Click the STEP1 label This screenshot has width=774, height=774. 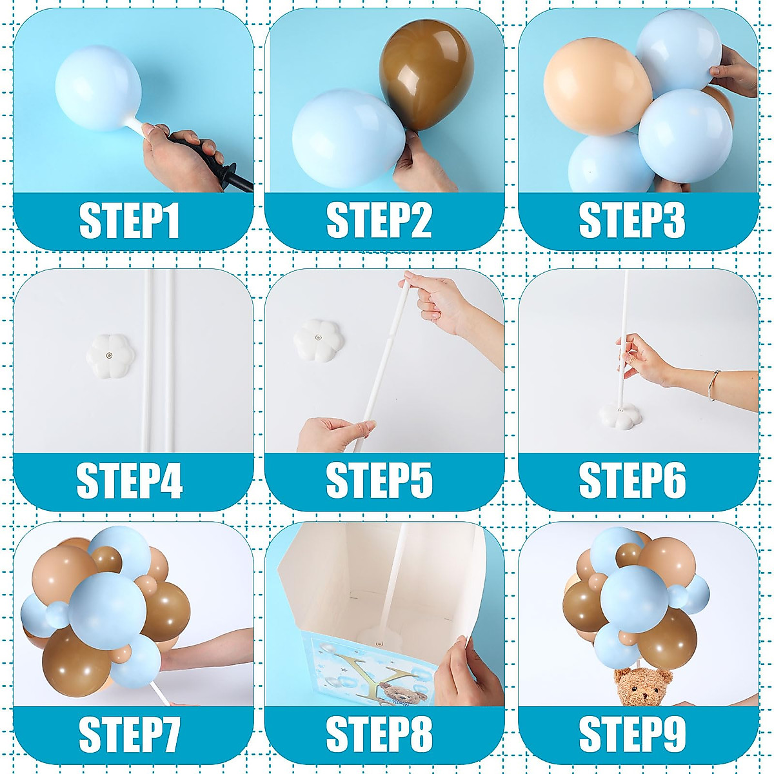(129, 221)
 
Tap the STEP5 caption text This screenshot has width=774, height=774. (379, 481)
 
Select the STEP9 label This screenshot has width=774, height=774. (632, 734)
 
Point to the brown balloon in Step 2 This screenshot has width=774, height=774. (426, 74)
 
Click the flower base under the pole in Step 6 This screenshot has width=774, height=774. (620, 415)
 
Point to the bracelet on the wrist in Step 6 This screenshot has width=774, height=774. (713, 385)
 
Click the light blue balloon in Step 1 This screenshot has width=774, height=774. (98, 88)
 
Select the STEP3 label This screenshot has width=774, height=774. (632, 221)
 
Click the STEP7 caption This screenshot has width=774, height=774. (129, 734)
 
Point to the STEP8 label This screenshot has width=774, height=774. (379, 734)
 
